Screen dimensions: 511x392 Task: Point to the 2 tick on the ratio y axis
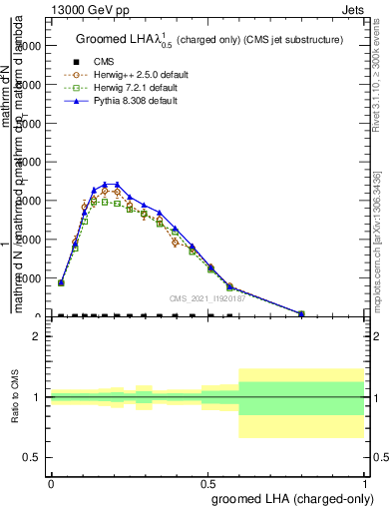37,336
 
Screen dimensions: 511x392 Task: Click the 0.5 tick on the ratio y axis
32,457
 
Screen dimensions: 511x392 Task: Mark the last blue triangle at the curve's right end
301,313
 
